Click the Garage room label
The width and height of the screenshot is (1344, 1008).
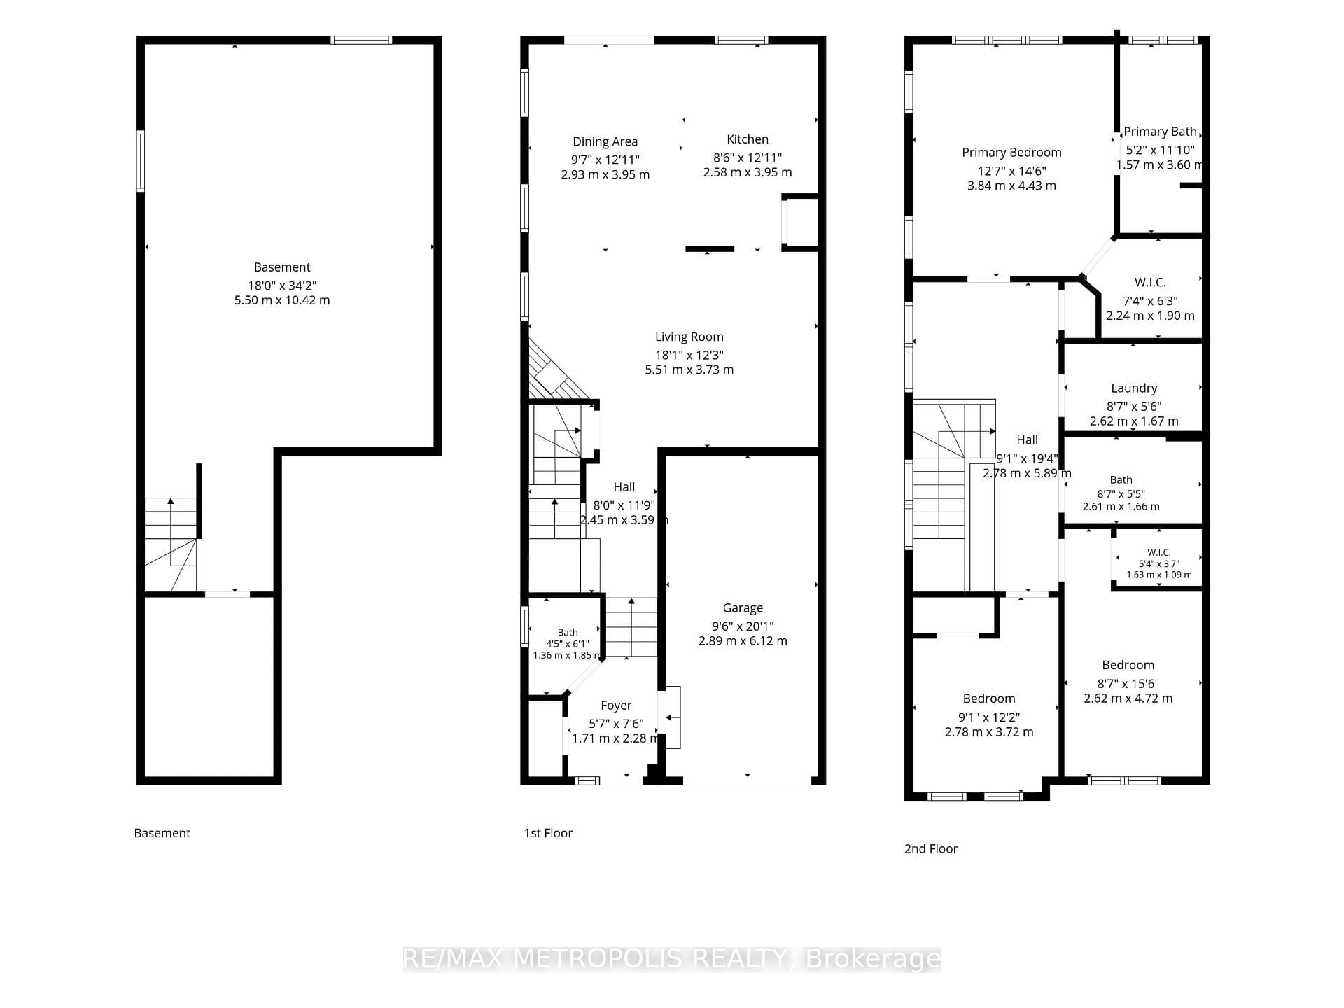click(x=743, y=608)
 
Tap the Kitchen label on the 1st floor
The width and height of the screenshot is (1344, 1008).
click(x=748, y=139)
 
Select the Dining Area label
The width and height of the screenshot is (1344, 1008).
click(x=605, y=141)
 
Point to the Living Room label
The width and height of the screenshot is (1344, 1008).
click(x=689, y=337)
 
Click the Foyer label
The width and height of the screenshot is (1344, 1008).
click(x=616, y=706)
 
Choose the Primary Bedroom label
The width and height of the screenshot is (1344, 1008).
click(x=1011, y=153)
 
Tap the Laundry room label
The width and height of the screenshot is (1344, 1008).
click(x=1134, y=388)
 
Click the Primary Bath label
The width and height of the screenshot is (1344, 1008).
click(x=1160, y=132)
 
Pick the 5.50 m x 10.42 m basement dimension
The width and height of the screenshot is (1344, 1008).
click(x=282, y=300)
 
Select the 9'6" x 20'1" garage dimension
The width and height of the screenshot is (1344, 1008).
click(x=743, y=626)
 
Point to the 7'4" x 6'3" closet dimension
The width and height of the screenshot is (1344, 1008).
click(x=1150, y=301)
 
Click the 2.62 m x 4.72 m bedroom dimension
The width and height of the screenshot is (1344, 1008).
click(x=1128, y=699)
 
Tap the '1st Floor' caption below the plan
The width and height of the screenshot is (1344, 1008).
click(x=548, y=833)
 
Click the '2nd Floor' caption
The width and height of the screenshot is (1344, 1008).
click(x=931, y=849)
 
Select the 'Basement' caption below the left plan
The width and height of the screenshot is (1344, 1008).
click(x=162, y=833)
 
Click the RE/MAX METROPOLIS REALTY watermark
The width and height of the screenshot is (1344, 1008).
click(x=672, y=959)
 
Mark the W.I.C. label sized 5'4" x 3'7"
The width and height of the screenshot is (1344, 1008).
click(x=1159, y=553)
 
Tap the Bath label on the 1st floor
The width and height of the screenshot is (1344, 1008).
click(x=568, y=633)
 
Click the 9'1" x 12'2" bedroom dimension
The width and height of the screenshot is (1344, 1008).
click(x=989, y=717)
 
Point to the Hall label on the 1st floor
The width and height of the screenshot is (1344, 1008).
click(x=624, y=487)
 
